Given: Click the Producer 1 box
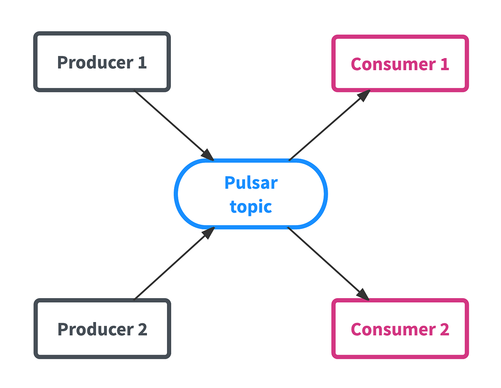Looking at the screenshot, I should [102, 62].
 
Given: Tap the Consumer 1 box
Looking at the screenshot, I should [400, 63].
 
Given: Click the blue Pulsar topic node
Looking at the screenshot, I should [250, 194].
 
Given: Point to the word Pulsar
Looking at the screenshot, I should [250, 183].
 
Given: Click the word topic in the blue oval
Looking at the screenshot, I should [250, 207].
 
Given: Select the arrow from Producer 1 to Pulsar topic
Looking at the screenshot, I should [171, 123].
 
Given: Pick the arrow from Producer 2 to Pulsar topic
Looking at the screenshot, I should [171, 265].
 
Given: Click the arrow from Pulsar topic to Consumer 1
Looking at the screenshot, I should [328, 125].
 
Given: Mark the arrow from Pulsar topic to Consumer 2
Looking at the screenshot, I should [328, 263].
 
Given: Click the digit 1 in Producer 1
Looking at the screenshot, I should [142, 62].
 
